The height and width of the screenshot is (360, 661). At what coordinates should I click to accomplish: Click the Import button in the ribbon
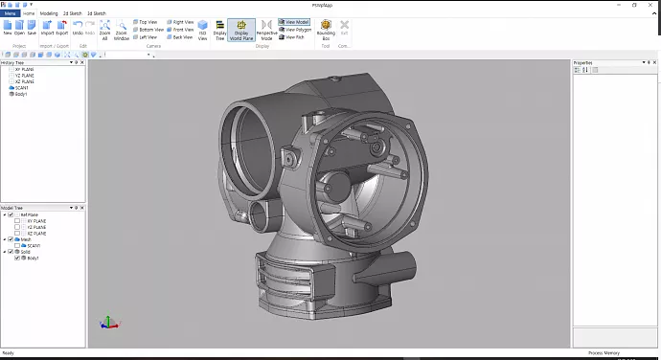point(47,28)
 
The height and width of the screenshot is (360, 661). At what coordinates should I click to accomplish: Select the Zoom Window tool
point(122,30)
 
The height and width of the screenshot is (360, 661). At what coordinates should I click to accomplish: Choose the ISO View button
point(202,30)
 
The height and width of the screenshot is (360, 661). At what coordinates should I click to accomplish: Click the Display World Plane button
point(240,30)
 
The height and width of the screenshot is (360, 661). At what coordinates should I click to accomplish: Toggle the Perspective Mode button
point(265,30)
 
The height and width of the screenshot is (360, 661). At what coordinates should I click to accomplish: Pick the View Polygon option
point(295,30)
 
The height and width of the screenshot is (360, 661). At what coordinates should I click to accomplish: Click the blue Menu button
point(11,13)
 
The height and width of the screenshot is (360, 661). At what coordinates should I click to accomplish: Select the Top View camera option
point(148,21)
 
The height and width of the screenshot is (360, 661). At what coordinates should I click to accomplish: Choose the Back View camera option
point(181,37)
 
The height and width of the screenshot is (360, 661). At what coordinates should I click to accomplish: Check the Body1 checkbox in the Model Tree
point(17,259)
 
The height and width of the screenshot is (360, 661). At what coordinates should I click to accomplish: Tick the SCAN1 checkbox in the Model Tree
point(17,246)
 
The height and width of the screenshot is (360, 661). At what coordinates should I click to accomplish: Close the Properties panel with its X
point(655,62)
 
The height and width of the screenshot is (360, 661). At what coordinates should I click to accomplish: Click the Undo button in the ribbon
point(77,28)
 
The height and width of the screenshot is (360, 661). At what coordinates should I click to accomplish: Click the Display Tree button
point(220,30)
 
